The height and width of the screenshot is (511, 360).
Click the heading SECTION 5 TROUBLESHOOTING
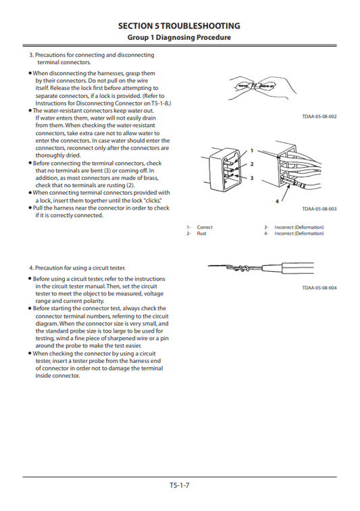click(x=179, y=26)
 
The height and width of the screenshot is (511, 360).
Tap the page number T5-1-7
click(x=180, y=485)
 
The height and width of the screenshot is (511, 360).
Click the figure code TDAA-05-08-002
click(x=319, y=117)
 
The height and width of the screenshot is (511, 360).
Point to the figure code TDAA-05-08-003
click(x=319, y=209)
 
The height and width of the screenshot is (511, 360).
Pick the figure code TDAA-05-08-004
click(x=319, y=288)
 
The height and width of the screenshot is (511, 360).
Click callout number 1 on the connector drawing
click(x=251, y=150)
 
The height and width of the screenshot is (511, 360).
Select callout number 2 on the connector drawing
click(x=251, y=164)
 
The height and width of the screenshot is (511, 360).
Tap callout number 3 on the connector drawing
click(x=251, y=178)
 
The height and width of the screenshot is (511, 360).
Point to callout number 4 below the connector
click(x=276, y=201)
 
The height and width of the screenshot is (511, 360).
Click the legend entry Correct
click(x=204, y=227)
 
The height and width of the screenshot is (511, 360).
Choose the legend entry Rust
click(x=201, y=233)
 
